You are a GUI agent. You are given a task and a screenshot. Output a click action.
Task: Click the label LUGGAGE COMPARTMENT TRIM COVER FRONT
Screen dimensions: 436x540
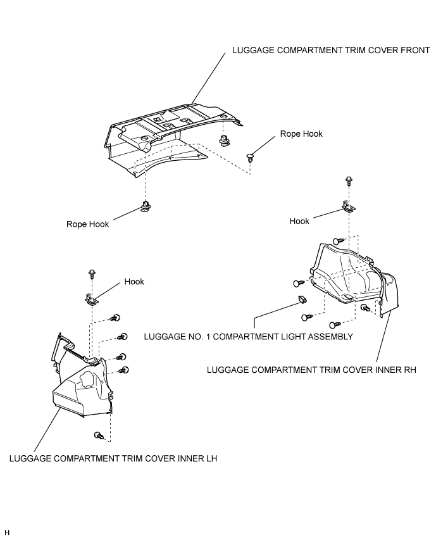pyautogui.click(x=331, y=50)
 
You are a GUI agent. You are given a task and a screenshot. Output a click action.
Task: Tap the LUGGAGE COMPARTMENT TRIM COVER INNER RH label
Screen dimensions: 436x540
pyautogui.click(x=311, y=370)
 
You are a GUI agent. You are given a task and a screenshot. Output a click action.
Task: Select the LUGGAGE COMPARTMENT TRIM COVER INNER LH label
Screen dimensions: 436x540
pyautogui.click(x=113, y=459)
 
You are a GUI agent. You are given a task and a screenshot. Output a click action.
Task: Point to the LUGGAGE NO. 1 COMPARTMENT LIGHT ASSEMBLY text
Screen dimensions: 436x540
pyautogui.click(x=249, y=336)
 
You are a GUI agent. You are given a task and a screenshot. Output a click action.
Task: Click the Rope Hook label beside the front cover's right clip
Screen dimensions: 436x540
pyautogui.click(x=301, y=134)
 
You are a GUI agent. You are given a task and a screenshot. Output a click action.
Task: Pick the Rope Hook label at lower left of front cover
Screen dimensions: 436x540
pyautogui.click(x=87, y=224)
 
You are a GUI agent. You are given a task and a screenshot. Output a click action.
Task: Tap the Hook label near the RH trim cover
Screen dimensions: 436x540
pyautogui.click(x=299, y=221)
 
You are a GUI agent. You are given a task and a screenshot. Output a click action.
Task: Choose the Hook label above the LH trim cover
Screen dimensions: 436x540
pyautogui.click(x=134, y=282)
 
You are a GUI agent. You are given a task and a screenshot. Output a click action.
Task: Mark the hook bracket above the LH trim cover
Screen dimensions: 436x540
pyautogui.click(x=92, y=299)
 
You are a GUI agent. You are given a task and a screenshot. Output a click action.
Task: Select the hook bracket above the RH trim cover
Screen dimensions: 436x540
pyautogui.click(x=349, y=206)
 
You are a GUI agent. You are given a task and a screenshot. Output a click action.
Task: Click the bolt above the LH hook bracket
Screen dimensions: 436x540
pyautogui.click(x=92, y=274)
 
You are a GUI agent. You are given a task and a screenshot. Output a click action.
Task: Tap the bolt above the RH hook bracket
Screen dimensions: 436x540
pyautogui.click(x=349, y=180)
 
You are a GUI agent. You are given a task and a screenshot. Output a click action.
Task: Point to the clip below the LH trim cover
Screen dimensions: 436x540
pyautogui.click(x=99, y=436)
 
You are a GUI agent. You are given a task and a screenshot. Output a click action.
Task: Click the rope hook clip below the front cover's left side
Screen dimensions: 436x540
pyautogui.click(x=146, y=206)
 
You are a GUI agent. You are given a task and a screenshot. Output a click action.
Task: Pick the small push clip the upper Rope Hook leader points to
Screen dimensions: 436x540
pyautogui.click(x=250, y=158)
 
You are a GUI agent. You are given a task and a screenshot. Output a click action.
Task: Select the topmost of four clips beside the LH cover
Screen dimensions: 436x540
pyautogui.click(x=115, y=318)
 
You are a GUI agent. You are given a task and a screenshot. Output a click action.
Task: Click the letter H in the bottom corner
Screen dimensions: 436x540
pyautogui.click(x=7, y=532)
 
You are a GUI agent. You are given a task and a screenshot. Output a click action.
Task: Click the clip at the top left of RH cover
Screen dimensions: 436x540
pyautogui.click(x=339, y=241)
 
